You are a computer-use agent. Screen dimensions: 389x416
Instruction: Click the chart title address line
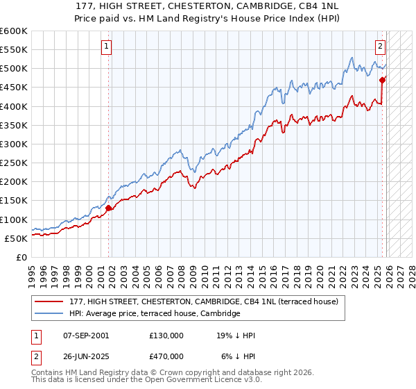click(x=208, y=6)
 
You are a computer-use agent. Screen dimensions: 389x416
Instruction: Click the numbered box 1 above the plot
click(x=107, y=47)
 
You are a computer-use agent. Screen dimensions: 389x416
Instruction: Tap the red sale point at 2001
click(x=109, y=207)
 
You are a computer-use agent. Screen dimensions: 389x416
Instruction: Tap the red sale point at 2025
click(x=382, y=80)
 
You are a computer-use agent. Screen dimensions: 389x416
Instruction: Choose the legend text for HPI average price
click(x=155, y=314)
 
